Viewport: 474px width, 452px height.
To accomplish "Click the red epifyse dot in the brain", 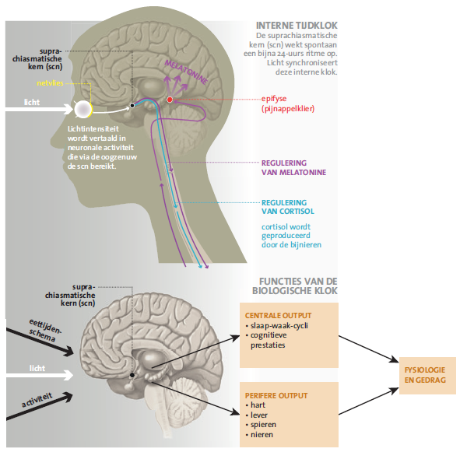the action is click(170, 100).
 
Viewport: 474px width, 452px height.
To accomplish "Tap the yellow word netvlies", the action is click(50, 83).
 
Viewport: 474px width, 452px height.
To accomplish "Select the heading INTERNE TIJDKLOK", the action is click(297, 26).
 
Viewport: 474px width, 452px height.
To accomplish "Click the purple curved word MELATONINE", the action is click(186, 72).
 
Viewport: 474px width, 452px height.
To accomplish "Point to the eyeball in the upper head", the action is click(83, 109).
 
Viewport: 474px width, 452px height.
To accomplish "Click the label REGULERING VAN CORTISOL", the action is click(288, 207).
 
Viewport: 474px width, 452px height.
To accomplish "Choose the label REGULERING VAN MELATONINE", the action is click(293, 168).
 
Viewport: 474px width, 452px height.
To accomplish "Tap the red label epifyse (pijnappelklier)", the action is click(288, 103).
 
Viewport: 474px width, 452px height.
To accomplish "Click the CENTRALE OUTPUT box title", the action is click(278, 315).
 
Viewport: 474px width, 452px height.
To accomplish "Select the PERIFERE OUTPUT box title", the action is click(276, 395).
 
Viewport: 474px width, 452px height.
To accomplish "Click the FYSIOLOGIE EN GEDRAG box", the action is click(427, 376).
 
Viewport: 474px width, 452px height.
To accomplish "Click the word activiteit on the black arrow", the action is click(37, 400).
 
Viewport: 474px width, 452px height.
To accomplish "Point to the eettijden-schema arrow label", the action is click(44, 330).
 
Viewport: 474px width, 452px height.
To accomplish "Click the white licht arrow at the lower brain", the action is click(40, 375).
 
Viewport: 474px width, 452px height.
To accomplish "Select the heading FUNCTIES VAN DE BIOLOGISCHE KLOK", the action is click(295, 286).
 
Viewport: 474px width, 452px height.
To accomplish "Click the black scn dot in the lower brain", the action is click(132, 375).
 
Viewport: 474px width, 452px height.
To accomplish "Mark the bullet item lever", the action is click(258, 415).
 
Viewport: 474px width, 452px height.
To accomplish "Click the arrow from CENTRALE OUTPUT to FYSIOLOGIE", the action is click(369, 349).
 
